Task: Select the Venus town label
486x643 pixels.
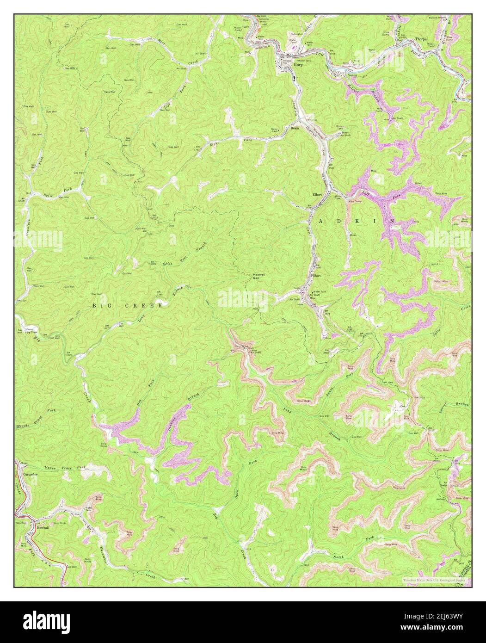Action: point(353,75)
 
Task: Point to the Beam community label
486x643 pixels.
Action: point(295,128)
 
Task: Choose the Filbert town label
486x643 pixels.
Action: point(316,275)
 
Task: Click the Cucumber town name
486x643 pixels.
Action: point(29,474)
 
